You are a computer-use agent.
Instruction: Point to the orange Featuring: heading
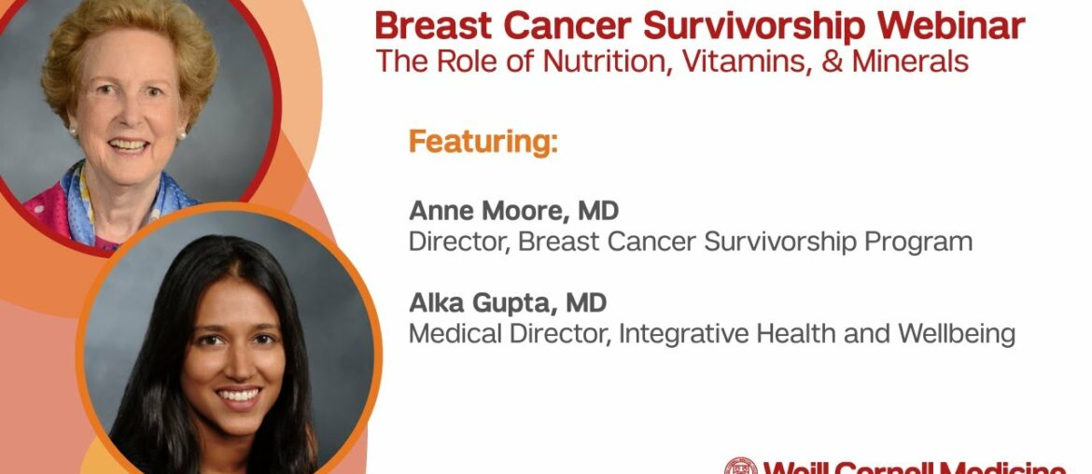coord(483,143)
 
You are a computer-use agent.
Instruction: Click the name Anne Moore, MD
coord(513,211)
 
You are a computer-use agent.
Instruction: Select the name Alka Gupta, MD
coord(508,302)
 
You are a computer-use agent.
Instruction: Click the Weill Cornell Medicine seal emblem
coord(740,467)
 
